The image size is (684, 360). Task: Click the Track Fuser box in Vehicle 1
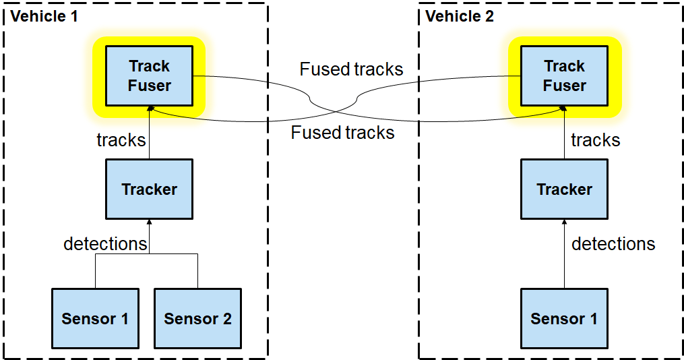point(150,76)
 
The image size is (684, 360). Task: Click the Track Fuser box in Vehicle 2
point(564,76)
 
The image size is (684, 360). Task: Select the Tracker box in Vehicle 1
point(149,189)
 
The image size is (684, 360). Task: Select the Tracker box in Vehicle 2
point(564,189)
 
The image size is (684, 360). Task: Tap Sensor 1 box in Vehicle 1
point(95,318)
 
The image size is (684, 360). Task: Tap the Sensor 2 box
point(197,318)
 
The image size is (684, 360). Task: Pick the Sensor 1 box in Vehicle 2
point(564,318)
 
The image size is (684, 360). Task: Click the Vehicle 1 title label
point(44,16)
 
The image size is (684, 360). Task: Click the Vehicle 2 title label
point(460,16)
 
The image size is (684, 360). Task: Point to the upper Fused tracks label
point(351,69)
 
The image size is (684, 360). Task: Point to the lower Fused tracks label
point(342,133)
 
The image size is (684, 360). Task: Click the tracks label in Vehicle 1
point(121,140)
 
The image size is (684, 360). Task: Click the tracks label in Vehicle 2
point(596,140)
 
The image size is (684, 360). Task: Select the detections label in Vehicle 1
point(105,243)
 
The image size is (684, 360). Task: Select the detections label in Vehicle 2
point(613,243)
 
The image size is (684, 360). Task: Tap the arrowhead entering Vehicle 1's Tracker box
point(150,222)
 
